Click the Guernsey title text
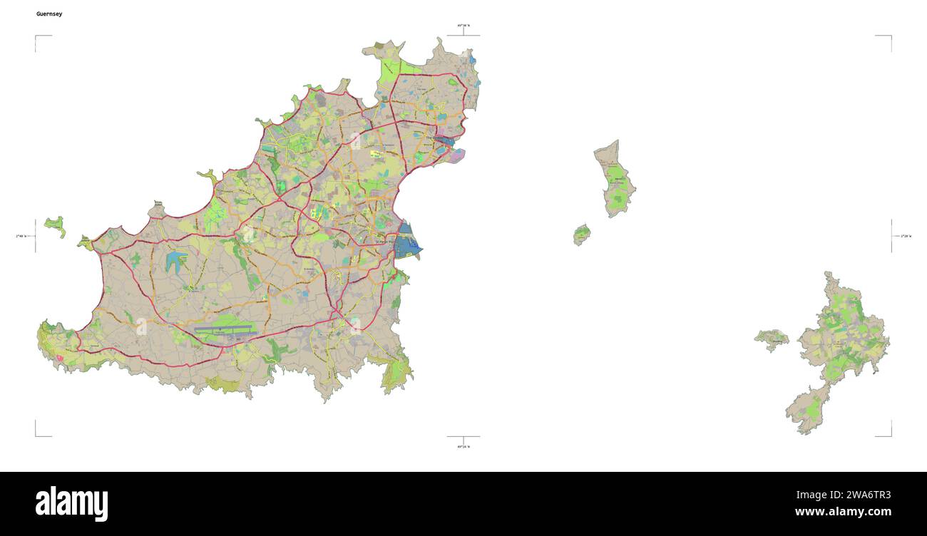(x=49, y=14)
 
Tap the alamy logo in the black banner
(x=71, y=503)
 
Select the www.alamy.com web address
(x=843, y=512)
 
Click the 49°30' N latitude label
(x=463, y=26)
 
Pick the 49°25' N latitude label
(x=463, y=447)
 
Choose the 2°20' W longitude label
(x=905, y=236)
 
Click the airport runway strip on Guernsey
(x=224, y=329)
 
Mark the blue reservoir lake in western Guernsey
(x=175, y=262)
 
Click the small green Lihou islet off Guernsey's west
(x=54, y=225)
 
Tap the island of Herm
(x=614, y=178)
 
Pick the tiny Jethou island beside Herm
(x=582, y=234)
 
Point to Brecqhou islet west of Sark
(x=772, y=339)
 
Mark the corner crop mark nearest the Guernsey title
(x=37, y=38)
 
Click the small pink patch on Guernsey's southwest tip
(x=59, y=357)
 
